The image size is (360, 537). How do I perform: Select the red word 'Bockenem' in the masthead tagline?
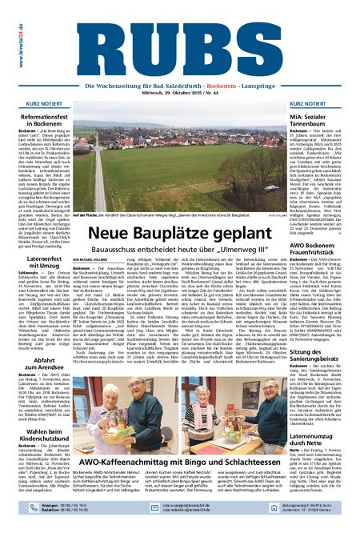point(223,83)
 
